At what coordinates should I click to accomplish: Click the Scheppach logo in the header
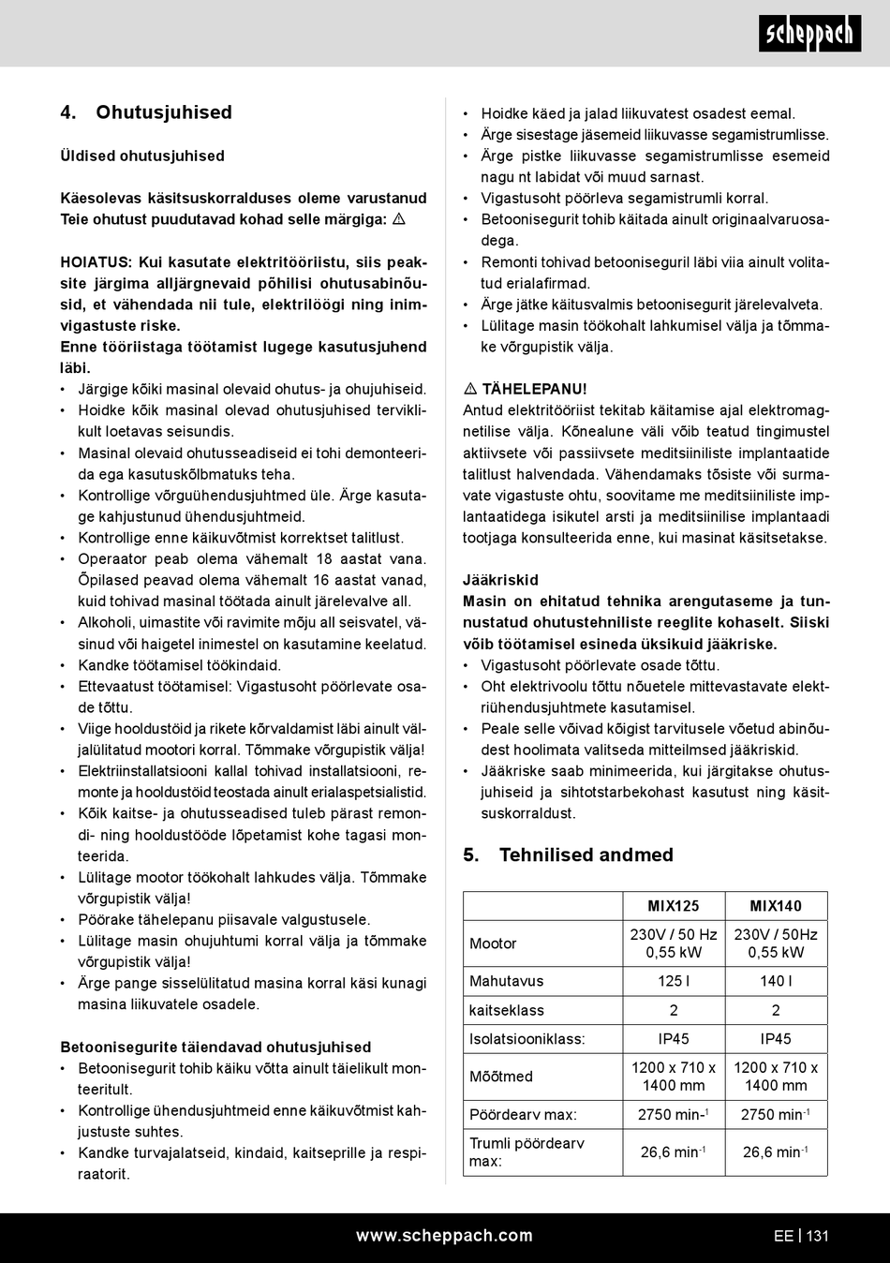pyautogui.click(x=809, y=34)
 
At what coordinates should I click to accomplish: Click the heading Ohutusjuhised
pyautogui.click(x=163, y=112)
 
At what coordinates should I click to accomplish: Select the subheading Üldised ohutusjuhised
pyautogui.click(x=142, y=156)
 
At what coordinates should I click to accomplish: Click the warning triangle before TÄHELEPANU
pyautogui.click(x=470, y=389)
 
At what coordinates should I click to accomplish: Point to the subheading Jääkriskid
pyautogui.click(x=500, y=580)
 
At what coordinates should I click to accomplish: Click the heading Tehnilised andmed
pyautogui.click(x=586, y=854)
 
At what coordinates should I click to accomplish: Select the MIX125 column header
pyautogui.click(x=674, y=906)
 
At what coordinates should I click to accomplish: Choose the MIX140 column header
pyautogui.click(x=776, y=906)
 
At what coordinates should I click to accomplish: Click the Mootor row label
pyautogui.click(x=493, y=944)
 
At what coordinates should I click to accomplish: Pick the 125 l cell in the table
pyautogui.click(x=674, y=981)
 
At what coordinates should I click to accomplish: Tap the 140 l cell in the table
pyautogui.click(x=776, y=981)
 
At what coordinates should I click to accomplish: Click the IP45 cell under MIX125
pyautogui.click(x=674, y=1038)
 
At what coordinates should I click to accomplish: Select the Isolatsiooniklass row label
pyautogui.click(x=527, y=1038)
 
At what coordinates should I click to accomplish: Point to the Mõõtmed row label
pyautogui.click(x=501, y=1077)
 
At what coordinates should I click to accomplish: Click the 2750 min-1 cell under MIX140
pyautogui.click(x=776, y=1114)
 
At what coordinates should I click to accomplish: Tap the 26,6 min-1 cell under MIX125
pyautogui.click(x=674, y=1152)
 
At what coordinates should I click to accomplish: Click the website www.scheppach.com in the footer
pyautogui.click(x=444, y=1236)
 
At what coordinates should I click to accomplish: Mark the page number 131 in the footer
pyautogui.click(x=818, y=1236)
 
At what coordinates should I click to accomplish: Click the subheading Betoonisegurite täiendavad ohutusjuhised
pyautogui.click(x=215, y=1047)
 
